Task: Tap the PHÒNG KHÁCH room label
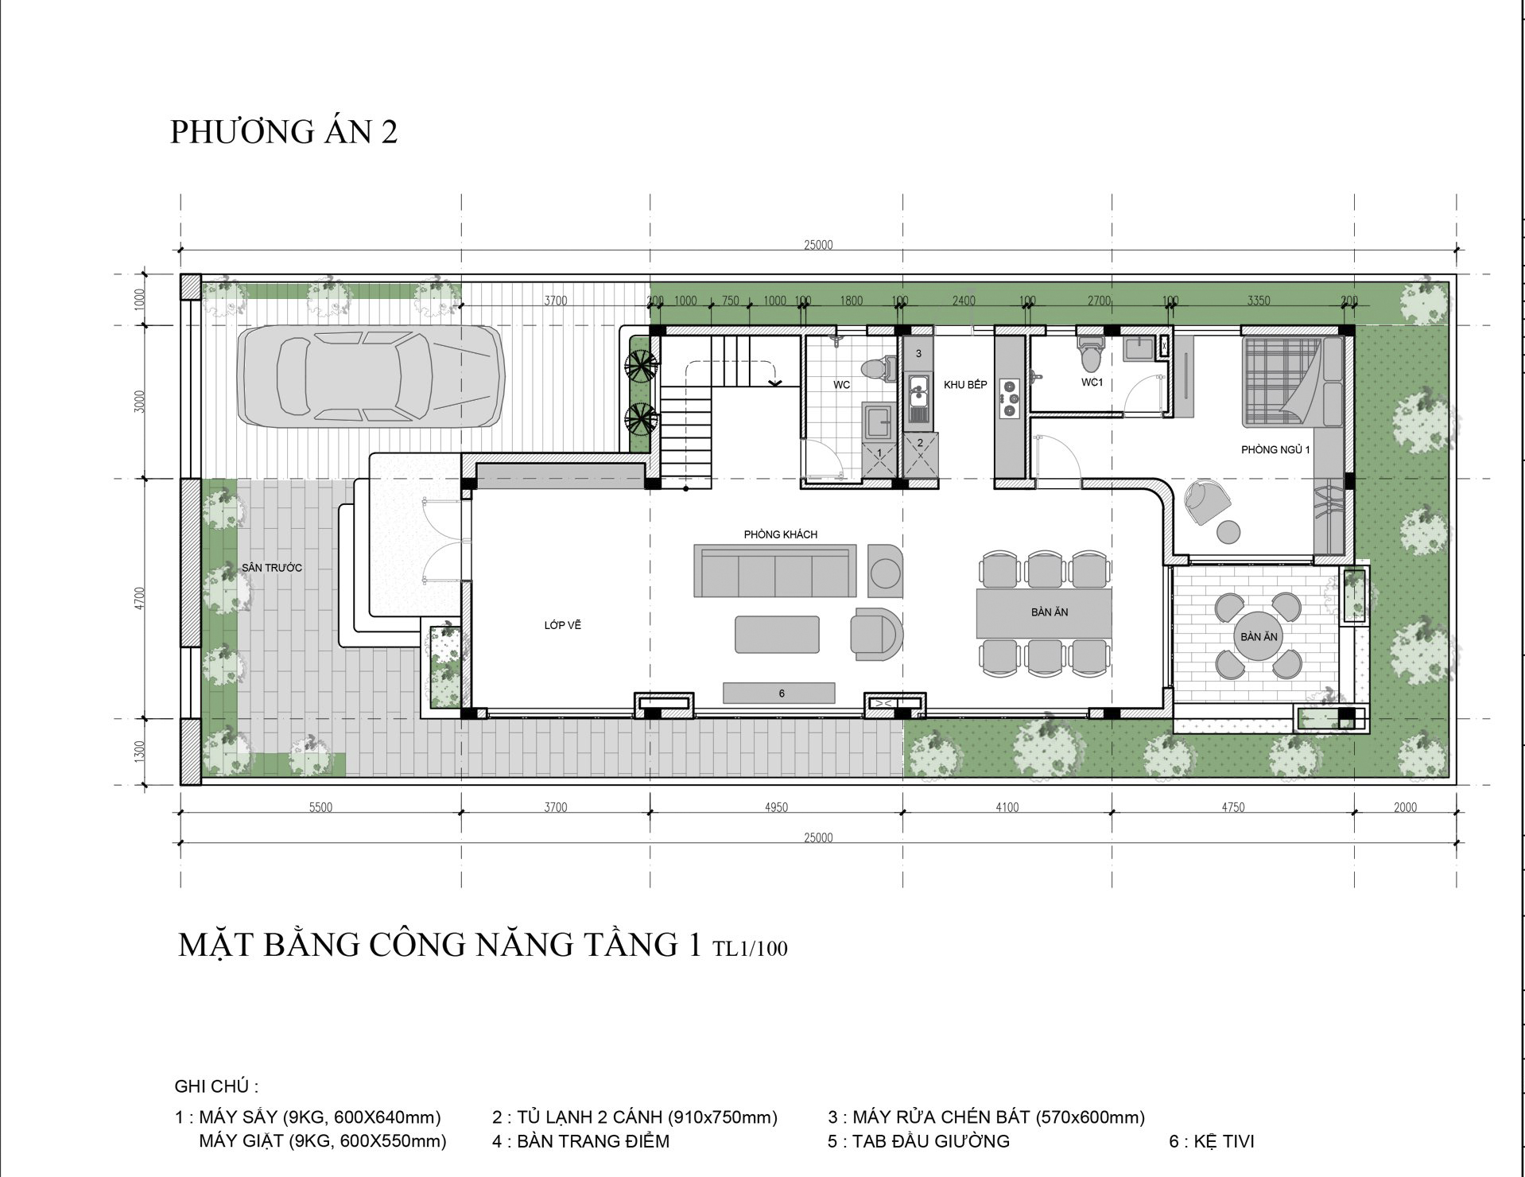coord(780,534)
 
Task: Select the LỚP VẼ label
coord(562,625)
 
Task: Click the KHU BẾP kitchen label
coord(965,385)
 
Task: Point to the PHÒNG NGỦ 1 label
coord(1275,450)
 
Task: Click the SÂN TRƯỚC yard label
coord(272,568)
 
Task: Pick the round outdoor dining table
coord(1259,636)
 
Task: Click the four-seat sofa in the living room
coord(775,570)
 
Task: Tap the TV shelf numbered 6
coord(778,693)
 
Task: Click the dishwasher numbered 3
coord(918,353)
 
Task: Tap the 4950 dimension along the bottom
coord(776,808)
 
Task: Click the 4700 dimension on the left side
coord(141,598)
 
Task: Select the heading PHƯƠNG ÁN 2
coord(284,132)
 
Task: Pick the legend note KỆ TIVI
coord(1212,1142)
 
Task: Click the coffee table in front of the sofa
coord(777,635)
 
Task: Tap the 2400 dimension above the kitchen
coord(964,301)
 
